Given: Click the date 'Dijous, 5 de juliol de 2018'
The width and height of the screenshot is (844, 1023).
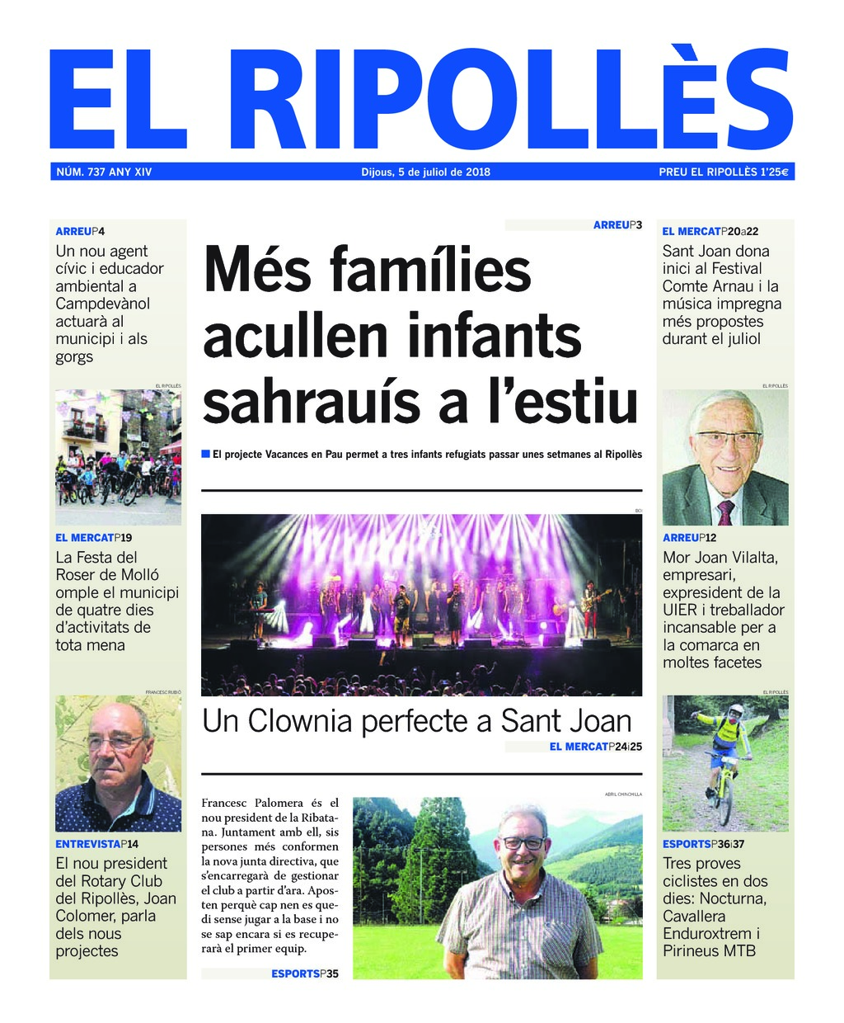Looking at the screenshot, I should (x=425, y=172).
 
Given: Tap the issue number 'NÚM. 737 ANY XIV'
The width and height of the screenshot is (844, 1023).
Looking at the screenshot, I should (x=104, y=172).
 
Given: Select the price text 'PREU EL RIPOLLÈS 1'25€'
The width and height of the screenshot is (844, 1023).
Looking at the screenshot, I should (x=724, y=172).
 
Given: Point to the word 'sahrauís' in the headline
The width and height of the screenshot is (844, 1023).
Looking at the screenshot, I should (x=311, y=402).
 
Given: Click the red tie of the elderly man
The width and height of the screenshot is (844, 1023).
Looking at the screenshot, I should (x=725, y=512).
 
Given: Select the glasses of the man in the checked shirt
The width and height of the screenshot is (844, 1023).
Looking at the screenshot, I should (x=523, y=843).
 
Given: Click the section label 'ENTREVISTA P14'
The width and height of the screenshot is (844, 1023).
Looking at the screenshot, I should (x=97, y=844).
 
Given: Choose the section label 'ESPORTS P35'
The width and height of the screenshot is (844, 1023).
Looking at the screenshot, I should (x=305, y=973).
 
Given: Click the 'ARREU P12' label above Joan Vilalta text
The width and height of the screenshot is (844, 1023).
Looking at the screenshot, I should (x=691, y=538).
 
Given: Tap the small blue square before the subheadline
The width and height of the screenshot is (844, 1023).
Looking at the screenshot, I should (x=206, y=454).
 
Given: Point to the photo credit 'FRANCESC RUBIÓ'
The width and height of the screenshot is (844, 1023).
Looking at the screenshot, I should (x=162, y=692).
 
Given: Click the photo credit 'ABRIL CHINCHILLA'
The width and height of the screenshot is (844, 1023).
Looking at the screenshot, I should (x=623, y=794).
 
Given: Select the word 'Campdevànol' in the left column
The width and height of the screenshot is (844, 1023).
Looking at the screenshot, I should (x=103, y=304).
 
